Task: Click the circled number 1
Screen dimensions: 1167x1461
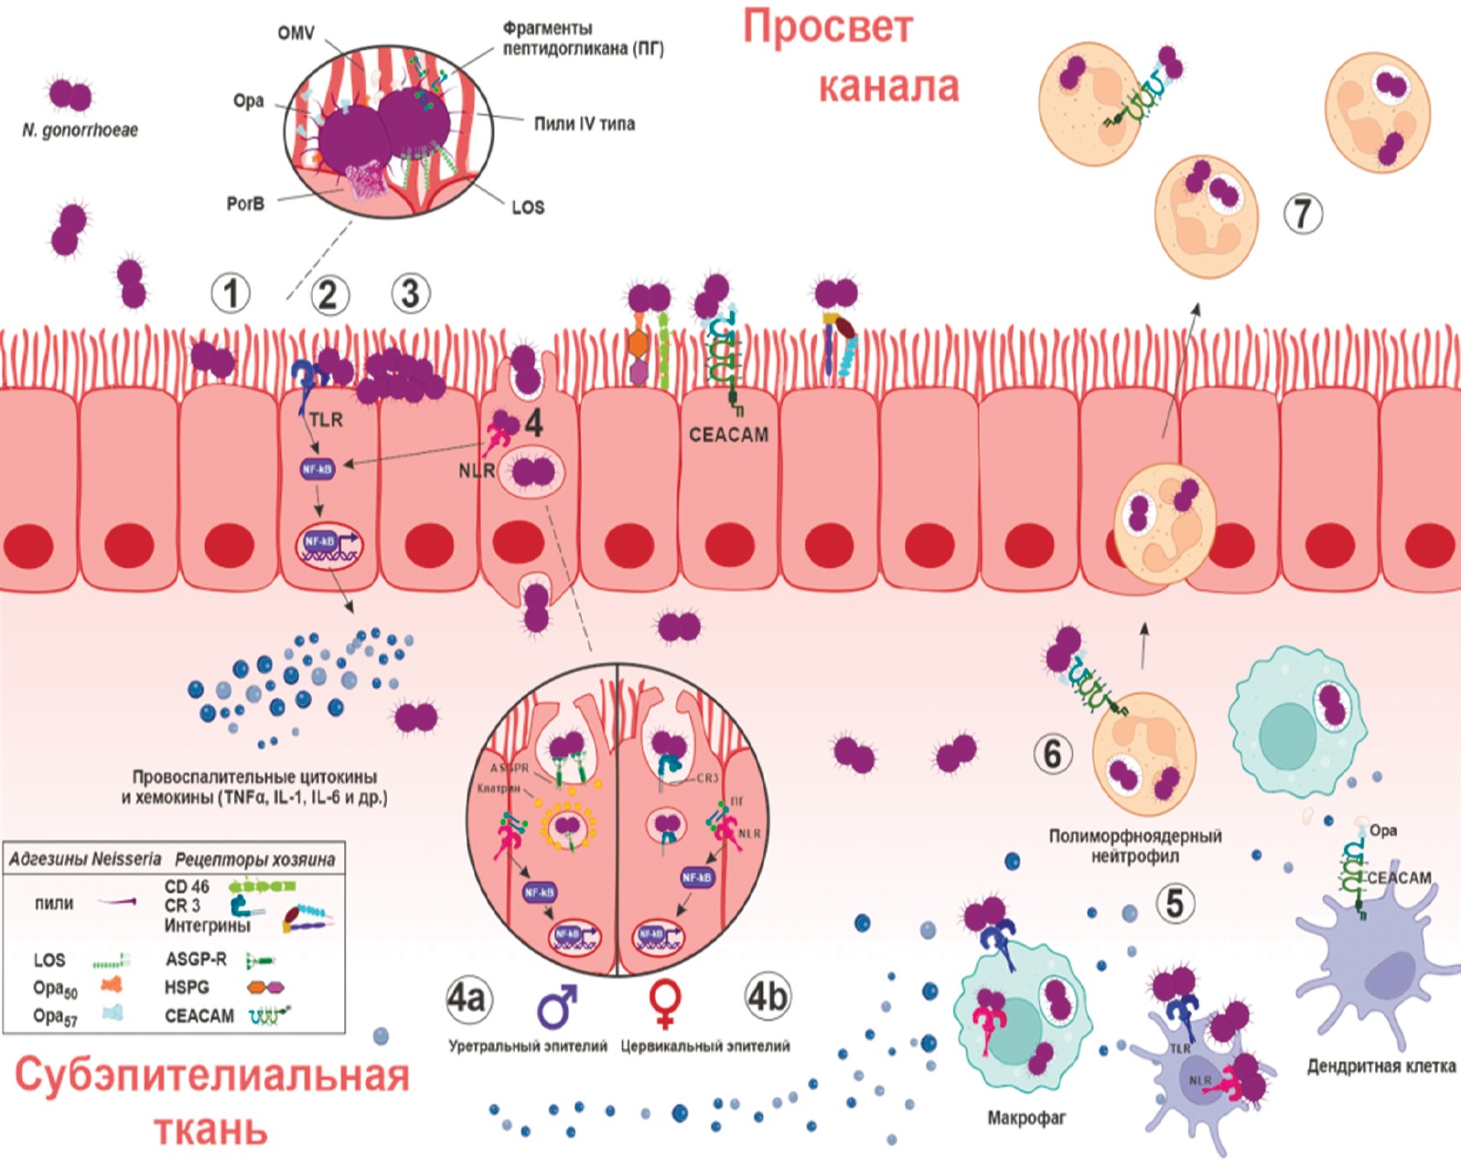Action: (x=231, y=294)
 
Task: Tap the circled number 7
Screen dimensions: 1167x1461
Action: (x=1302, y=213)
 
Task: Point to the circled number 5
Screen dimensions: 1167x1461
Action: (x=1175, y=903)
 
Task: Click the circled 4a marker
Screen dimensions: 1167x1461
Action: (x=467, y=998)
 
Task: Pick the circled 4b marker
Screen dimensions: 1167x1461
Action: (x=767, y=998)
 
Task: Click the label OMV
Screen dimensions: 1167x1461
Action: (x=295, y=34)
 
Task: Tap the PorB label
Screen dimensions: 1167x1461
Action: (x=245, y=203)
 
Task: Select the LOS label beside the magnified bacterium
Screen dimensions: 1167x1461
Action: (x=528, y=208)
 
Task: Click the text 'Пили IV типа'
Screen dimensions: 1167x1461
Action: (x=585, y=123)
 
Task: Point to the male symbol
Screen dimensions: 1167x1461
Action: (x=557, y=1005)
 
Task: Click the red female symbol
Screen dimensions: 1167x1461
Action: (x=665, y=1005)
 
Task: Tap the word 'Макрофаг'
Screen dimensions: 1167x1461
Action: (x=1026, y=1118)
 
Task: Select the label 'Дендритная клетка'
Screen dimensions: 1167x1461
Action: (x=1380, y=1066)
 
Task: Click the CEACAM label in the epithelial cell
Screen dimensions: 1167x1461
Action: (x=728, y=435)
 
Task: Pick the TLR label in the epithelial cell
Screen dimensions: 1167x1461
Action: (x=326, y=420)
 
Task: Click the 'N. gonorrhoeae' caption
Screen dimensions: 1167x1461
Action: (x=80, y=131)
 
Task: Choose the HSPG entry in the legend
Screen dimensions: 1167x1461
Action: (x=187, y=988)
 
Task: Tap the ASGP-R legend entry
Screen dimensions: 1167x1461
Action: (x=196, y=959)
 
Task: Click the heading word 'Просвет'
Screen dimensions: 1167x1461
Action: (x=827, y=27)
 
